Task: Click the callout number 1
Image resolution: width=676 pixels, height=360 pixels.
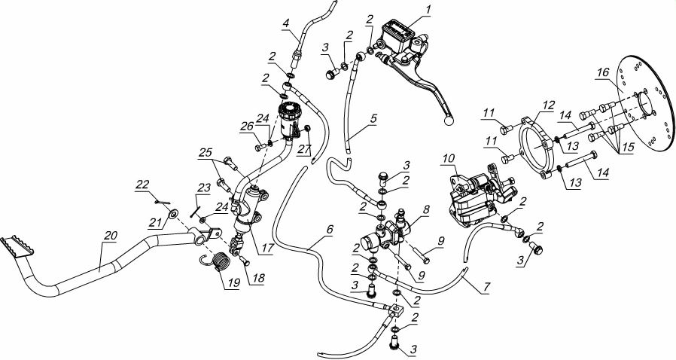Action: pos(428,9)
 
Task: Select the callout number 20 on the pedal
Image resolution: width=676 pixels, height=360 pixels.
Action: pos(110,235)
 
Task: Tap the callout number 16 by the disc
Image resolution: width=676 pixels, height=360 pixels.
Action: pos(602,72)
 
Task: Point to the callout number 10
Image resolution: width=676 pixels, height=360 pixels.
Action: pos(448,159)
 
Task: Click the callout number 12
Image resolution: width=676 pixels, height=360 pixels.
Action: pos(548,105)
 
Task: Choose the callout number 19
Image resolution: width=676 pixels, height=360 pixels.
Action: pos(233,281)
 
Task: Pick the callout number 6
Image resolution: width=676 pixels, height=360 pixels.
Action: pos(330,230)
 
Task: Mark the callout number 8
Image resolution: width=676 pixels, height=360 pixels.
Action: pos(426,210)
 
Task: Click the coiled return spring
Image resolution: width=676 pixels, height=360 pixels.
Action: pos(218,261)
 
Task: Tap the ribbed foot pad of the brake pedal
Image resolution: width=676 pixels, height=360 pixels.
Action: pos(17,246)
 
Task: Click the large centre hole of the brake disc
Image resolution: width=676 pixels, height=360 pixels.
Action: pos(647,103)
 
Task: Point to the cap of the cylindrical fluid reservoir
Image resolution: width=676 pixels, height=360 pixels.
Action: pos(289,108)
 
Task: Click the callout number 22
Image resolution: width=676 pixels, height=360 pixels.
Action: pos(142,185)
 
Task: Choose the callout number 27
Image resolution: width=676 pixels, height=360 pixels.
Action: pos(305,149)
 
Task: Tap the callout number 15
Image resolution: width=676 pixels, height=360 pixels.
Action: pos(628,148)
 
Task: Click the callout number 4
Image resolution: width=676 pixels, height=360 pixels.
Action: pos(286,23)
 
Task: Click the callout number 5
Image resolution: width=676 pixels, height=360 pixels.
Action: pos(373,117)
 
